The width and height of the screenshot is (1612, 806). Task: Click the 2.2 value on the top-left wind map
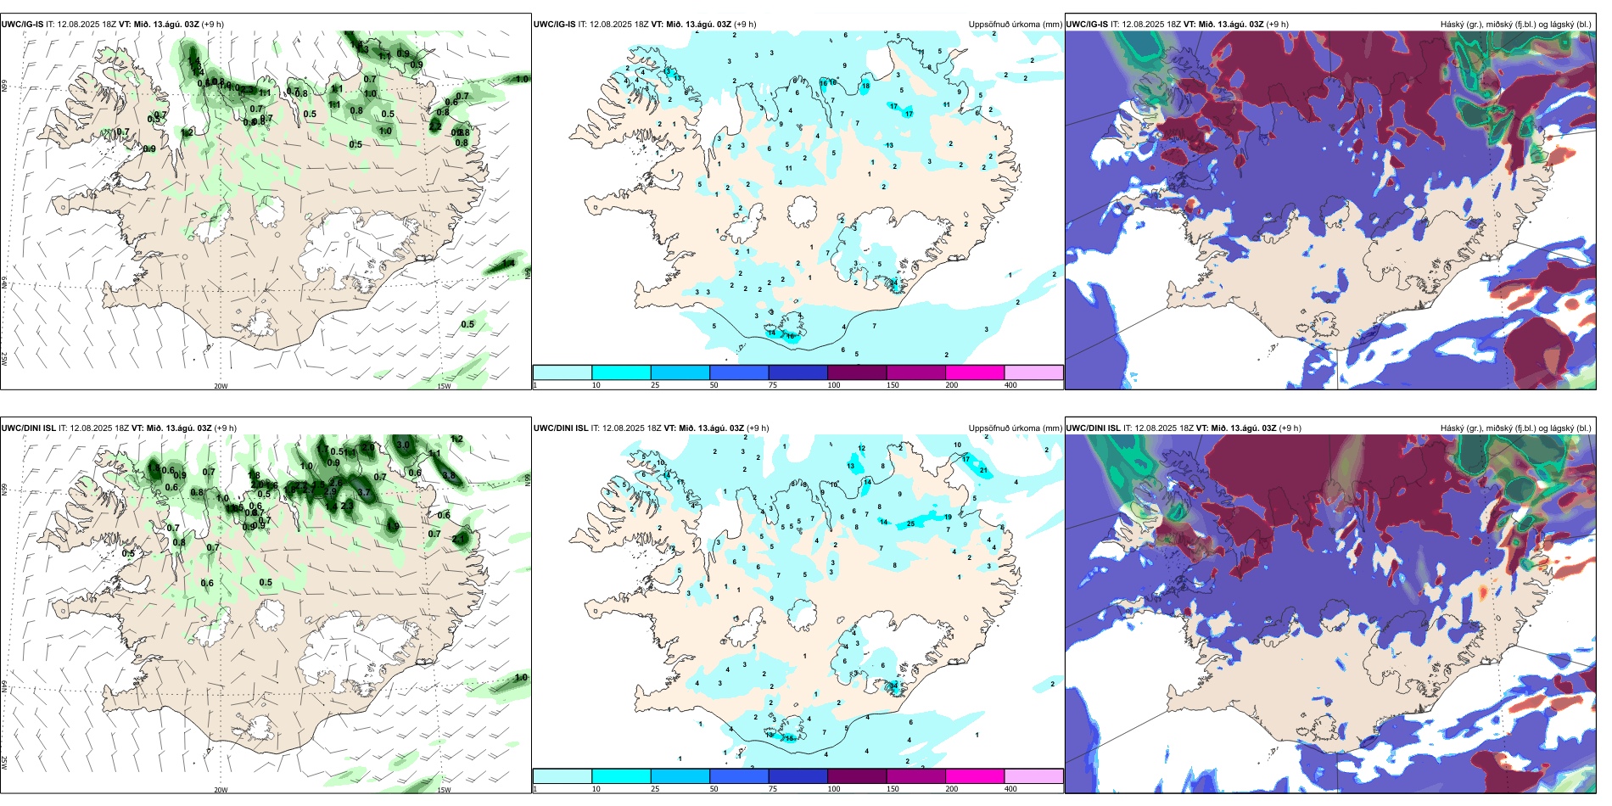point(435,126)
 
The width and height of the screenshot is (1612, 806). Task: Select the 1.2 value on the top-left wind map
point(187,132)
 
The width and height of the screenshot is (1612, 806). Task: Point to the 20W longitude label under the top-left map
point(221,386)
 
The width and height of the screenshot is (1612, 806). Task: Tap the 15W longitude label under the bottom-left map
point(444,790)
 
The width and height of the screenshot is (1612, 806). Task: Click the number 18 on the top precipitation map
point(865,86)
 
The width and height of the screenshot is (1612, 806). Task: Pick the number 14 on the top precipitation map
point(772,333)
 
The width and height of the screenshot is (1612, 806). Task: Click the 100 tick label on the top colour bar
point(834,385)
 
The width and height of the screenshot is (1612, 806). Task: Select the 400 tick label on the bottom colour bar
point(1010,789)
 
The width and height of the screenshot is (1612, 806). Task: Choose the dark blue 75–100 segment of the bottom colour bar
point(798,776)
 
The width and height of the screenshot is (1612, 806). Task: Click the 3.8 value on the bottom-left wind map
point(450,476)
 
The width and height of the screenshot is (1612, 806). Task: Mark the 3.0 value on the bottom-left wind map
point(403,445)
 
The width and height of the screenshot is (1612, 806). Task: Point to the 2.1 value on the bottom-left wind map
point(459,539)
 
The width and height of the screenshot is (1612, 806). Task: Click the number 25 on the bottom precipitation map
point(911,523)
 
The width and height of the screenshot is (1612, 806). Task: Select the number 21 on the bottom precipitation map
point(984,470)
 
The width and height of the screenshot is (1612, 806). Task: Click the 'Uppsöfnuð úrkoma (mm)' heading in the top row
point(1015,25)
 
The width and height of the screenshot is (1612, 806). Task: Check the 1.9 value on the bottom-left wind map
point(393,526)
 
